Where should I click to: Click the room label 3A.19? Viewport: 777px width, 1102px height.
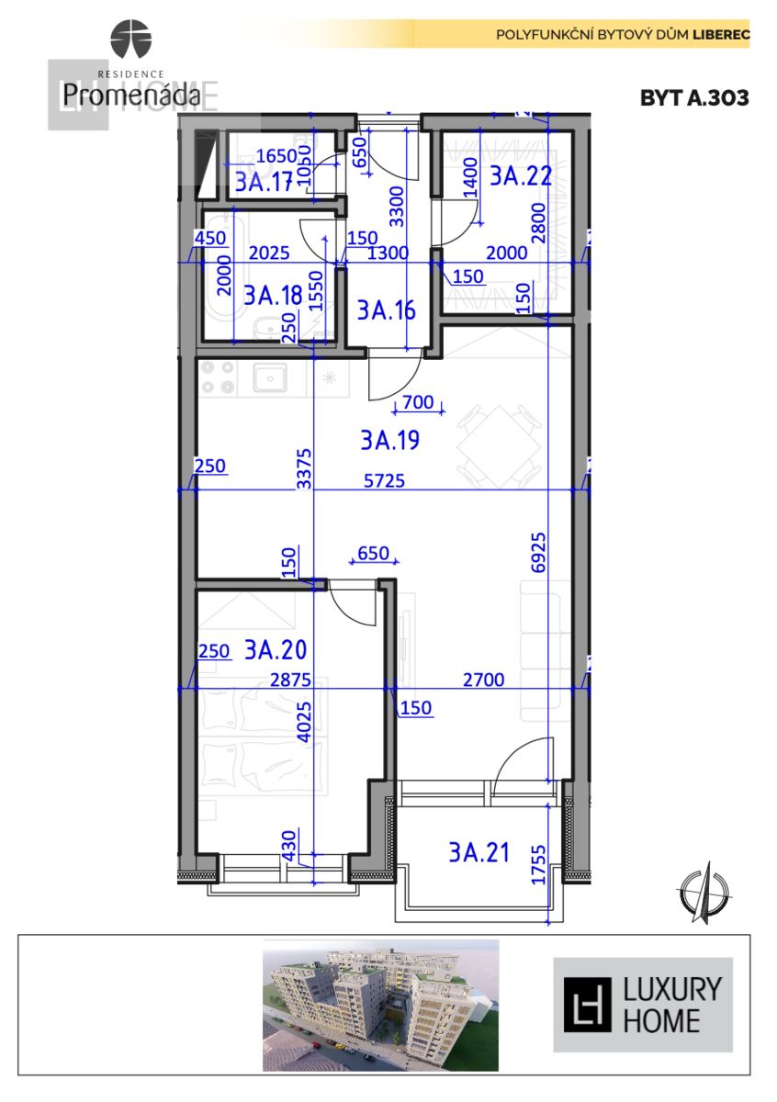389,442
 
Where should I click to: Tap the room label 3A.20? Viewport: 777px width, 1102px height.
275,650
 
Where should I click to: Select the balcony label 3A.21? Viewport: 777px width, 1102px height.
479,853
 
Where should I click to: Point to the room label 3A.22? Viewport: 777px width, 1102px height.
520,176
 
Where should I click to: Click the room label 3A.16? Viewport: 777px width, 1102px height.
386,310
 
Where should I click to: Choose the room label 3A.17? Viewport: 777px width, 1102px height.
263,182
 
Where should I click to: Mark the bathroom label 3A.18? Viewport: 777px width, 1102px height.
273,295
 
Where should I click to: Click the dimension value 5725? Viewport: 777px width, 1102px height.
385,479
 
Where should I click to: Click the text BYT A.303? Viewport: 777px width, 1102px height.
694,97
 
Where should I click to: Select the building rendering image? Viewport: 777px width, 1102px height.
380,1005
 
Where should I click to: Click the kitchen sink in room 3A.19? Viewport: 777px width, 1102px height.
271,377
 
